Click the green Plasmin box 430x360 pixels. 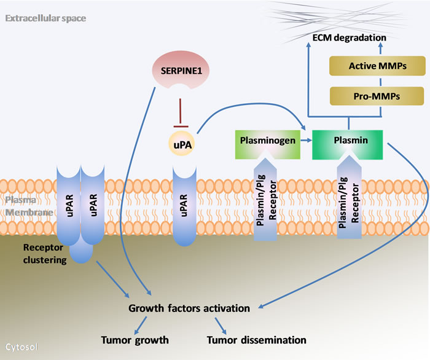[348, 140]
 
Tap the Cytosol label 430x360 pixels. [22, 347]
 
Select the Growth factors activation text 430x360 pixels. [189, 308]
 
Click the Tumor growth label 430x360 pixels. [136, 339]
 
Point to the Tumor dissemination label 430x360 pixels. [256, 339]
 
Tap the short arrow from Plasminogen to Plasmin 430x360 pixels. [305, 140]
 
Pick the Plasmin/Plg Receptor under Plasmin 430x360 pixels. [348, 203]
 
